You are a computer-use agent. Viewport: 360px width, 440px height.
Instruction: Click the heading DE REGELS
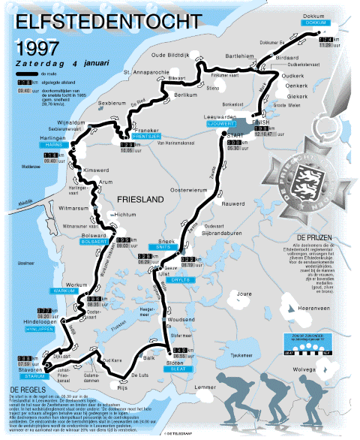[x=28, y=390]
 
